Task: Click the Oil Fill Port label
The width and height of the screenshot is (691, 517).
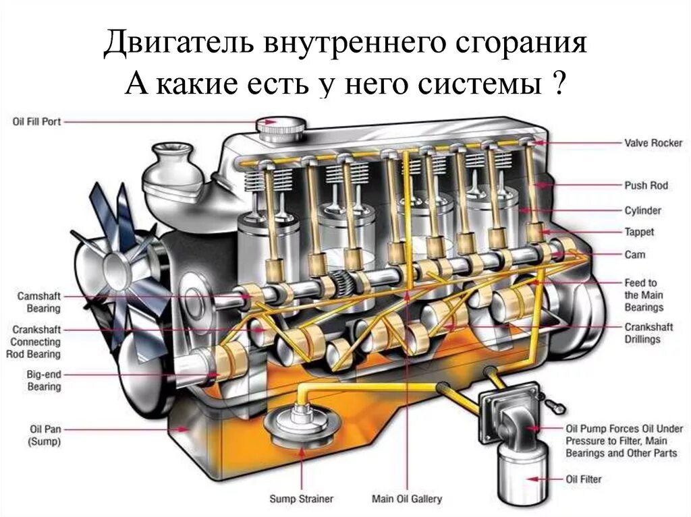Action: [36, 121]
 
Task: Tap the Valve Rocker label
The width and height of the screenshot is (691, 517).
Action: [653, 143]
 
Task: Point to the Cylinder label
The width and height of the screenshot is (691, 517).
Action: [643, 210]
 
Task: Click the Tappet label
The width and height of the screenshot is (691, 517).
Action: [639, 232]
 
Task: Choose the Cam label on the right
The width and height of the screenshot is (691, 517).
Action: [635, 255]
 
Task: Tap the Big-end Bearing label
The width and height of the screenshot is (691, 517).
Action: [44, 380]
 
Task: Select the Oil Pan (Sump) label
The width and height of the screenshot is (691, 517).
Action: [45, 435]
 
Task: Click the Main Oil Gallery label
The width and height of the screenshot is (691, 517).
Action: [407, 499]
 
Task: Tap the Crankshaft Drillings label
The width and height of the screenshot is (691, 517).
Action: [642, 333]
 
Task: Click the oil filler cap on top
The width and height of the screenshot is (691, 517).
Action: [280, 125]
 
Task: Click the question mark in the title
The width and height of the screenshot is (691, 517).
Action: [558, 85]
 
